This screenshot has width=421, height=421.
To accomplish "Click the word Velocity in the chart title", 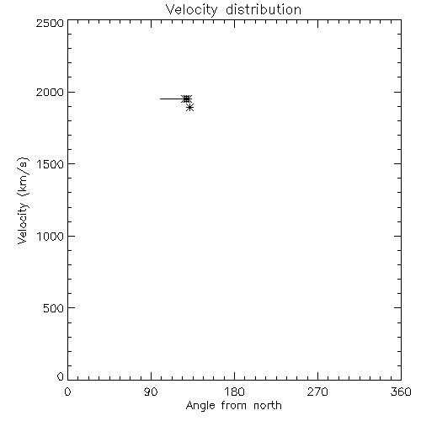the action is [192, 10].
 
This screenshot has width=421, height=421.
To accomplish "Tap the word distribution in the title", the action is [264, 9].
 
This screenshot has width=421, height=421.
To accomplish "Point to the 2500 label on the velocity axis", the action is [50, 23].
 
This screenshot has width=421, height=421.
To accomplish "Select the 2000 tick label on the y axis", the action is [50, 92].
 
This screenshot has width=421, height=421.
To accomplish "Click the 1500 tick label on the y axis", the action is [51, 164].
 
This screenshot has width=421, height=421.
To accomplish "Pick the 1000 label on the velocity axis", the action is [51, 237].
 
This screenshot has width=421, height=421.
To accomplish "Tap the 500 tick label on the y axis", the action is [54, 308].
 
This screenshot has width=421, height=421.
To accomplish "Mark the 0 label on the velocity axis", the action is [61, 376].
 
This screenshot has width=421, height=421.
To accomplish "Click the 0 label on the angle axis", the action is [67, 392].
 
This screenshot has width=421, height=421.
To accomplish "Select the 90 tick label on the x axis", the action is [151, 392].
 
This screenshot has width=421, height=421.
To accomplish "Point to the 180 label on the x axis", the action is [234, 392].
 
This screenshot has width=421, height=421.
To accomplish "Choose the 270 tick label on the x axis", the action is [317, 392].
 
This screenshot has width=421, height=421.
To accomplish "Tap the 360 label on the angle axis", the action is [401, 392].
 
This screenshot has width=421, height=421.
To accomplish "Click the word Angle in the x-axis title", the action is [200, 407].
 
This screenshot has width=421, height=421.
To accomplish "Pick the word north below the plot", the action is [268, 406].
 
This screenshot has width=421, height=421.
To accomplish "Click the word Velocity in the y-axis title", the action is [23, 223].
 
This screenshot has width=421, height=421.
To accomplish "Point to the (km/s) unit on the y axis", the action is [24, 177].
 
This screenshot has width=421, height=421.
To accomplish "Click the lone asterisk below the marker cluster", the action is [190, 107].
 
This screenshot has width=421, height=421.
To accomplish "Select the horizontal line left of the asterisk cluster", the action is [171, 99].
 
